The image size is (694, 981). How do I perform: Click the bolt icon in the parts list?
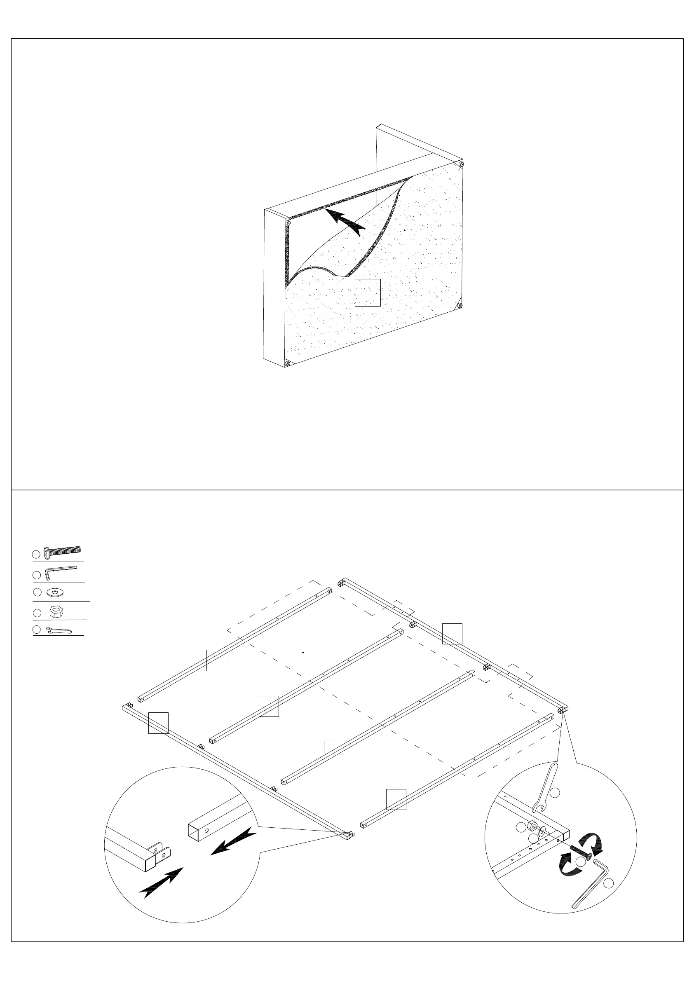pos(62,552)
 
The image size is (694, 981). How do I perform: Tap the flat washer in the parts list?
pos(55,592)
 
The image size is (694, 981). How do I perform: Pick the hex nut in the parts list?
pos(56,612)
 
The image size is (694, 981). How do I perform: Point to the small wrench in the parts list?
pos(59,630)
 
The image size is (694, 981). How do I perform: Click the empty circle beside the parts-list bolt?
pos(36,554)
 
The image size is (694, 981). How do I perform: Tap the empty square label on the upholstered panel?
pos(368,293)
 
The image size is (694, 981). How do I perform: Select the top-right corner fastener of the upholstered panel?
pos(460,164)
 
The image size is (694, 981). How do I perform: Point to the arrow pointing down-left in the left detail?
pos(233,840)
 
